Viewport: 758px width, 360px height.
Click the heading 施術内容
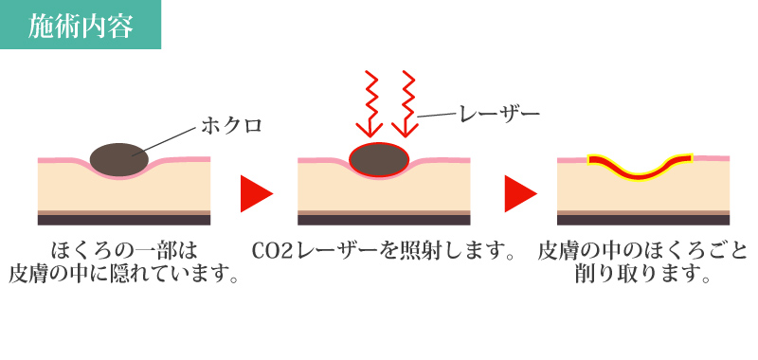pyautogui.click(x=80, y=24)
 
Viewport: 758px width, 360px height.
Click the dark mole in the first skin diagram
pyautogui.click(x=119, y=158)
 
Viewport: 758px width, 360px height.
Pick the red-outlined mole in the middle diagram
pyautogui.click(x=379, y=158)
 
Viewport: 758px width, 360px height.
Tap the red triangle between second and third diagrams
pyautogui.click(x=519, y=193)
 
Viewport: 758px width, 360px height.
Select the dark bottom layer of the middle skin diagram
pyautogui.click(x=384, y=220)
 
